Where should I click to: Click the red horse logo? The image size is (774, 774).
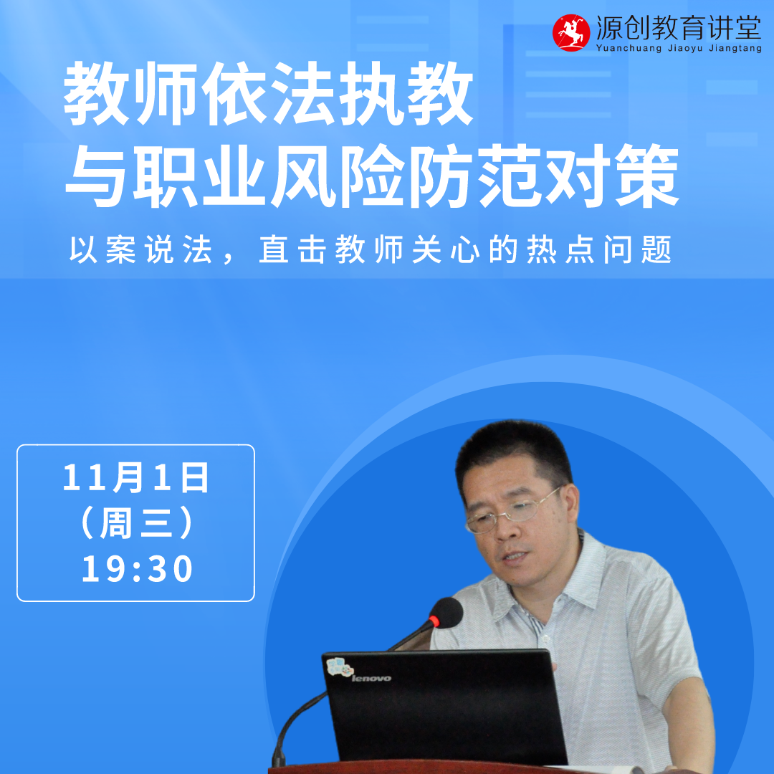click(571, 32)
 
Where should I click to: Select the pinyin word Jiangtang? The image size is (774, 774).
click(735, 49)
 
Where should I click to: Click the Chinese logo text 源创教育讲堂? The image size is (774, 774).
click(679, 28)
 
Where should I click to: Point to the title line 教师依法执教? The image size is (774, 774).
click(269, 94)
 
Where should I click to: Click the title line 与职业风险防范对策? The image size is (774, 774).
click(372, 176)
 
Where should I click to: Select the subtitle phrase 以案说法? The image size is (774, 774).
click(140, 249)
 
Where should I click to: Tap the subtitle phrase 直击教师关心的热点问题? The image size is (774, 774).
click(465, 249)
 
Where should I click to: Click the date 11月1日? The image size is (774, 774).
click(135, 477)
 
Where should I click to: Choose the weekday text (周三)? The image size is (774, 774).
click(136, 522)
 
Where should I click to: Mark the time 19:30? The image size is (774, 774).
click(137, 568)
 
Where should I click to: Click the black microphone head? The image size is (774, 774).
click(447, 613)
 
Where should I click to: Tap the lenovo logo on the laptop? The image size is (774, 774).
click(371, 678)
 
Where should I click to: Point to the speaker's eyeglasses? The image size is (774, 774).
click(513, 512)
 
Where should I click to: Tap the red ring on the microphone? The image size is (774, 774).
click(434, 621)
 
